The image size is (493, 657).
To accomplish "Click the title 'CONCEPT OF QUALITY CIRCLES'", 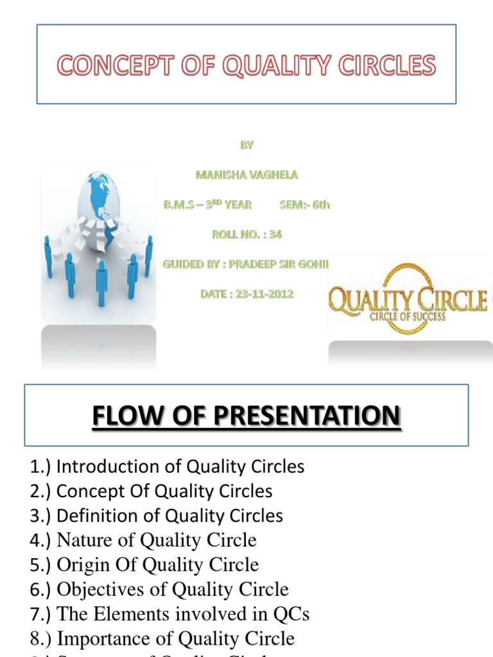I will pyautogui.click(x=246, y=65).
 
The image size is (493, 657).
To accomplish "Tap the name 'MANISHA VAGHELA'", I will pyautogui.click(x=246, y=175).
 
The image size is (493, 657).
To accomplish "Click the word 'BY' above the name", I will pyautogui.click(x=247, y=145).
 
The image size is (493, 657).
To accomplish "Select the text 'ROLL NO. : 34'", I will pyautogui.click(x=247, y=235).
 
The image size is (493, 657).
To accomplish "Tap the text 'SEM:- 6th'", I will pyautogui.click(x=305, y=205).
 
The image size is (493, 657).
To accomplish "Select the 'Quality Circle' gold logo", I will pyautogui.click(x=408, y=299).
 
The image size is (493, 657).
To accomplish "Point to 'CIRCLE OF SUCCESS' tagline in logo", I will pyautogui.click(x=407, y=317).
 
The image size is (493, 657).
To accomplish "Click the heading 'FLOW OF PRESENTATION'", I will pyautogui.click(x=246, y=416).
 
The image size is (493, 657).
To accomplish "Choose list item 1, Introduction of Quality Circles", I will pyautogui.click(x=167, y=466).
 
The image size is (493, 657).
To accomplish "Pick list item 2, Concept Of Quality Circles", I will pyautogui.click(x=151, y=491).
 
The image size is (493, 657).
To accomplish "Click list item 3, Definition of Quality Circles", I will pyautogui.click(x=156, y=516).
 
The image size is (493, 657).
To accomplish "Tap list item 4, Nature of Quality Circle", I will pyautogui.click(x=143, y=540).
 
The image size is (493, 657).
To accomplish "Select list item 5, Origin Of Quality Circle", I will pyautogui.click(x=144, y=565).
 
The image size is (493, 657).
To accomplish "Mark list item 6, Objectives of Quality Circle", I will pyautogui.click(x=159, y=589).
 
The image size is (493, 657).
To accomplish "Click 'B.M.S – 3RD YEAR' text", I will pyautogui.click(x=208, y=205).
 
